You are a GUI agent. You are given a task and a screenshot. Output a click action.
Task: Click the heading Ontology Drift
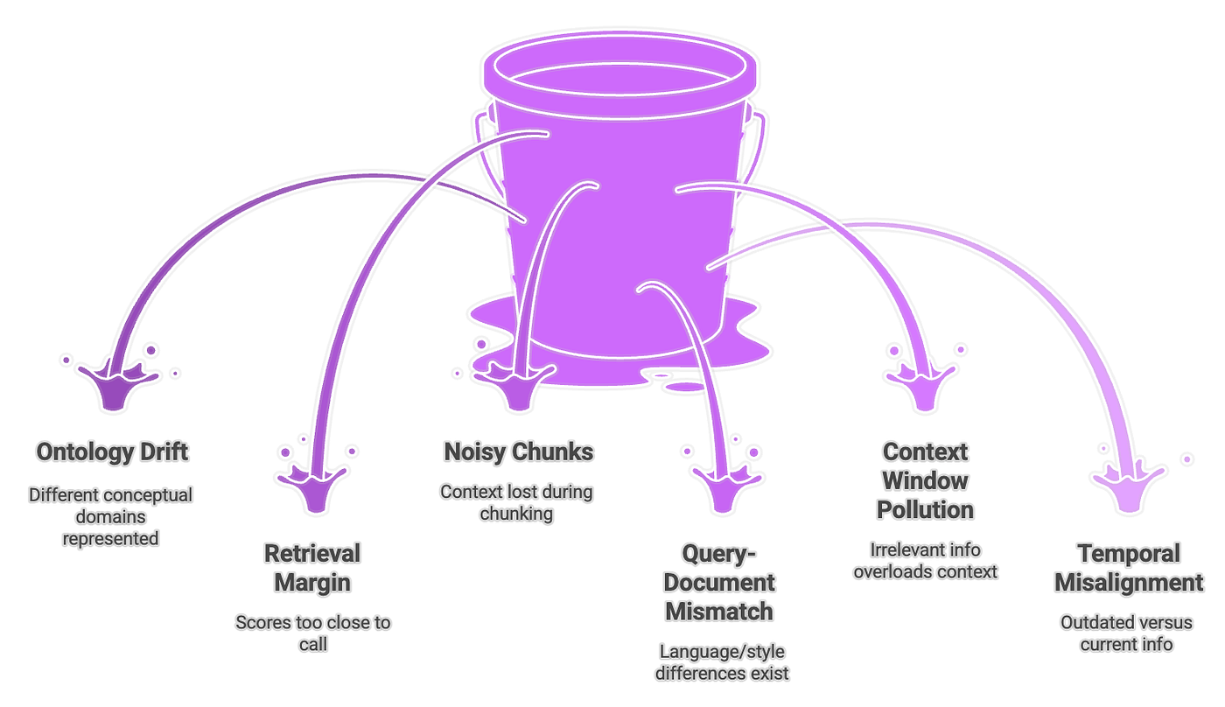pos(112,452)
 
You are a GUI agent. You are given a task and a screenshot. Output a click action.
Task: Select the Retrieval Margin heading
pos(312,568)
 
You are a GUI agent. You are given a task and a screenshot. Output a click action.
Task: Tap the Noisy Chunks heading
pos(518,452)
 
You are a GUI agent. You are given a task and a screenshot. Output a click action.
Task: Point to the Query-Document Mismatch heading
pos(719,582)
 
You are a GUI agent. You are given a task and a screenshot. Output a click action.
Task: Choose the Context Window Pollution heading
pos(925,480)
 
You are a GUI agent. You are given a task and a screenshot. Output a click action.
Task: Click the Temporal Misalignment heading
pos(1128,568)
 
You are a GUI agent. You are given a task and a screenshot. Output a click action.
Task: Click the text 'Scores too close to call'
pos(312,633)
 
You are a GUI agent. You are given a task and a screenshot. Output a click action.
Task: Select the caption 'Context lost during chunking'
pos(516,502)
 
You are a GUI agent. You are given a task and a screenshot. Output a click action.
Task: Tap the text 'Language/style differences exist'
pos(724,661)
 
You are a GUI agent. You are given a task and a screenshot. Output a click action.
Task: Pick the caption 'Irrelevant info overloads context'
pos(925,560)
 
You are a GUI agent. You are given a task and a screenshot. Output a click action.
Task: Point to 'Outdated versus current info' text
pos(1126,633)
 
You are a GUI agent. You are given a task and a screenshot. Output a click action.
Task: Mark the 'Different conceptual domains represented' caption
pos(110,516)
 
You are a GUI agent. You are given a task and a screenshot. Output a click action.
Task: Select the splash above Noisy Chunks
pos(518,385)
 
